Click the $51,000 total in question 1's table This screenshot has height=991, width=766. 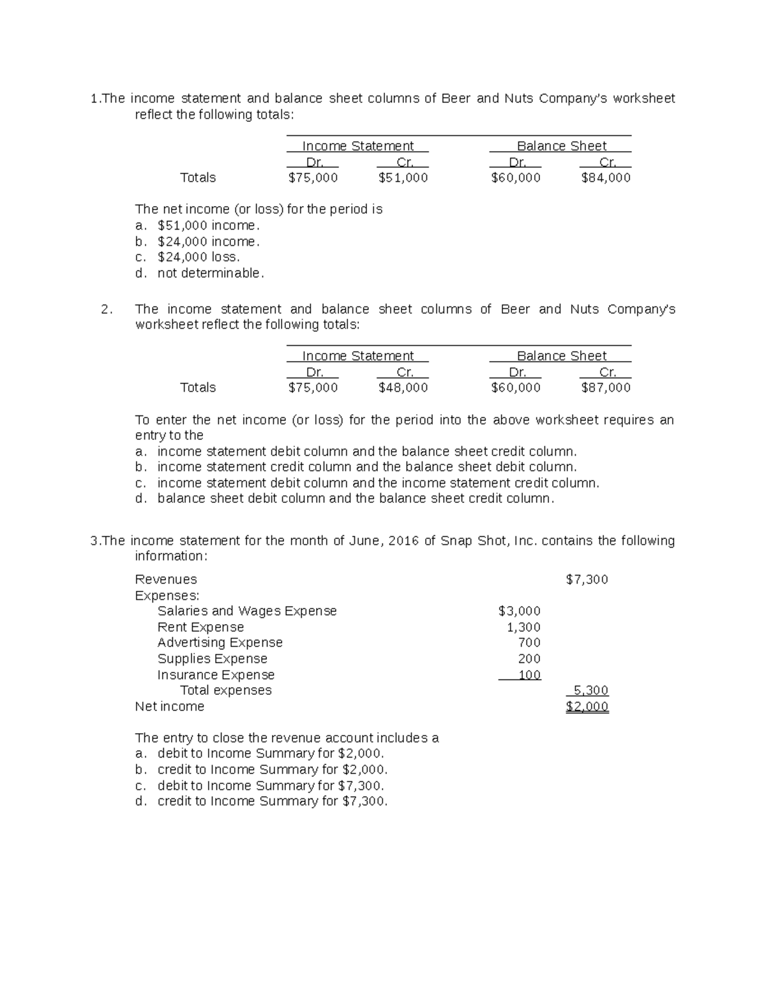point(403,178)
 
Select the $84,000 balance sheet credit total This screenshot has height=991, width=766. point(606,178)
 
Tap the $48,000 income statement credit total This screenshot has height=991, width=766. point(403,387)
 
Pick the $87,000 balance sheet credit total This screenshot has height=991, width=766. point(606,387)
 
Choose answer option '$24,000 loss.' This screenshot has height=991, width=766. point(199,257)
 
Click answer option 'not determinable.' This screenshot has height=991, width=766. point(210,273)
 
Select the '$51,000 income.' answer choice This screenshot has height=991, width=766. point(209,225)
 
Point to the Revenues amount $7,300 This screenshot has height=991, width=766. point(587,579)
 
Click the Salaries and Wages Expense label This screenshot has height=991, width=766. point(247,611)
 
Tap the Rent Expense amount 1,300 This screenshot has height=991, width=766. point(523,627)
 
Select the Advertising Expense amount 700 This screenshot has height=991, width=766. point(529,643)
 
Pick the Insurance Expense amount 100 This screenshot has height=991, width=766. point(529,675)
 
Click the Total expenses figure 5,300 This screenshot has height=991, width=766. point(590,690)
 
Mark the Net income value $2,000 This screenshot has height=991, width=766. point(587,706)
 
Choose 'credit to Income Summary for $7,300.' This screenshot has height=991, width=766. point(273,801)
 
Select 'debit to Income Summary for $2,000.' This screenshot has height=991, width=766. point(271,754)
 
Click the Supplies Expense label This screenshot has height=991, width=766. point(213,659)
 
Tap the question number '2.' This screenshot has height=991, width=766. point(107,309)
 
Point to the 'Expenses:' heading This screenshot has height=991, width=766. point(167,595)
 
